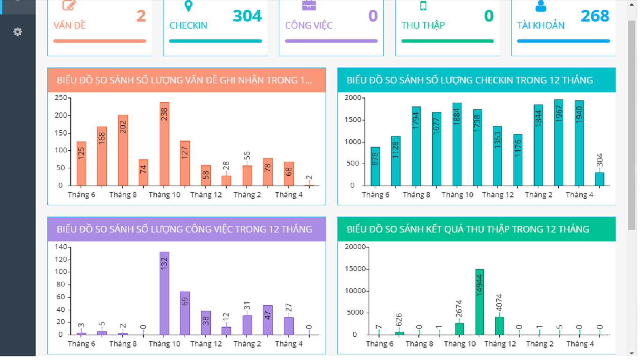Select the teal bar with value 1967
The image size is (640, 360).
click(558, 142)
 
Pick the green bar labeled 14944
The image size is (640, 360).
click(479, 302)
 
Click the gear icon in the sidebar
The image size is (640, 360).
click(17, 32)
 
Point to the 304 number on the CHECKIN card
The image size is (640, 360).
click(247, 16)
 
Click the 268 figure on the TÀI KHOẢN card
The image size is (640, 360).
click(595, 16)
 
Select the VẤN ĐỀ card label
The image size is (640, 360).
click(69, 25)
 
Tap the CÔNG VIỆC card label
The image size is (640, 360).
click(309, 25)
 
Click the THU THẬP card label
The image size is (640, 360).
click(423, 25)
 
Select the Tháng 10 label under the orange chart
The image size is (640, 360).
click(164, 195)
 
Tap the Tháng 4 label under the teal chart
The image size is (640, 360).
click(579, 195)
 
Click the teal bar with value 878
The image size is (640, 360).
click(375, 166)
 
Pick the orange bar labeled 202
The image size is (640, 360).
click(123, 150)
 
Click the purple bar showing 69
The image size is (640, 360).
click(185, 313)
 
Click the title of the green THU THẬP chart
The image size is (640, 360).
click(468, 229)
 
